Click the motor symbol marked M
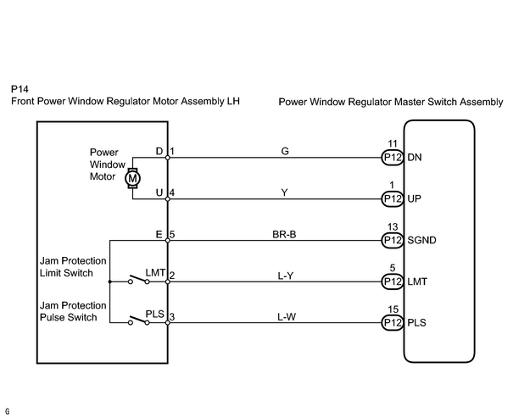(132, 179)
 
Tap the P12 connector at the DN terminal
(393, 158)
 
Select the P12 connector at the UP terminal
(393, 199)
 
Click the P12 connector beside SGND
(393, 241)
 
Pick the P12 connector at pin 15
(393, 323)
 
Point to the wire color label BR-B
(284, 235)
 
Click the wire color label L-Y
(286, 276)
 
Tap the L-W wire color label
(287, 317)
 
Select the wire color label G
(285, 151)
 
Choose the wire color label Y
(285, 192)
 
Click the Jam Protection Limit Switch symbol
(139, 279)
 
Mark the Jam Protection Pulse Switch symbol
(139, 320)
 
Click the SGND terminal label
(421, 241)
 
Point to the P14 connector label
(20, 89)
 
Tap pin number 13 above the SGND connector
(393, 226)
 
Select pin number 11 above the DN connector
(393, 143)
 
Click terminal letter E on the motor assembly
(159, 235)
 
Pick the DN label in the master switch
(415, 158)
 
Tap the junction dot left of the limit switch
(109, 281)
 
